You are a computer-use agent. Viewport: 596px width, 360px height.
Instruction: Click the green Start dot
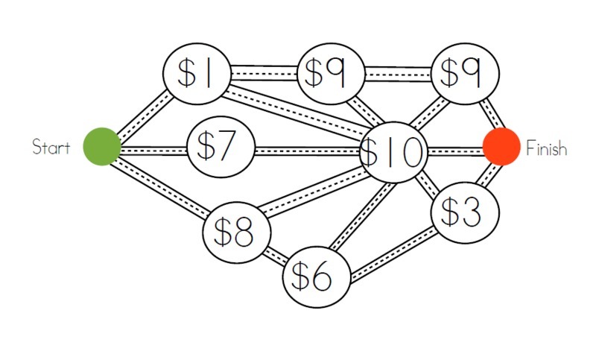pos(102,146)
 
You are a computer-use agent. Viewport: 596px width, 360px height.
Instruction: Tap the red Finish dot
pos(501,146)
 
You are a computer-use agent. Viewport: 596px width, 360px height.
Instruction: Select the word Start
pos(51,147)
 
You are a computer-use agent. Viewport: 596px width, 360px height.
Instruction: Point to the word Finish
pos(546,148)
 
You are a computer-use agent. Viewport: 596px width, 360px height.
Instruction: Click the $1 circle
pos(196,73)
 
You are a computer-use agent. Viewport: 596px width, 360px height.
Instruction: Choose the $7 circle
pos(222,147)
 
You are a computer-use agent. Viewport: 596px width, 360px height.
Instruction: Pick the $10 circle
pos(392,153)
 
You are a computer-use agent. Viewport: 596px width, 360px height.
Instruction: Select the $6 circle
pos(317,277)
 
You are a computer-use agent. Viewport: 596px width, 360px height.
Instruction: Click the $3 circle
pos(466,213)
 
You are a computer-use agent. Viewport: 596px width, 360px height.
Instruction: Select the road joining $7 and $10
pos(307,151)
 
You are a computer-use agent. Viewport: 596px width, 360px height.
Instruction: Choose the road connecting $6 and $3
pos(393,253)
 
